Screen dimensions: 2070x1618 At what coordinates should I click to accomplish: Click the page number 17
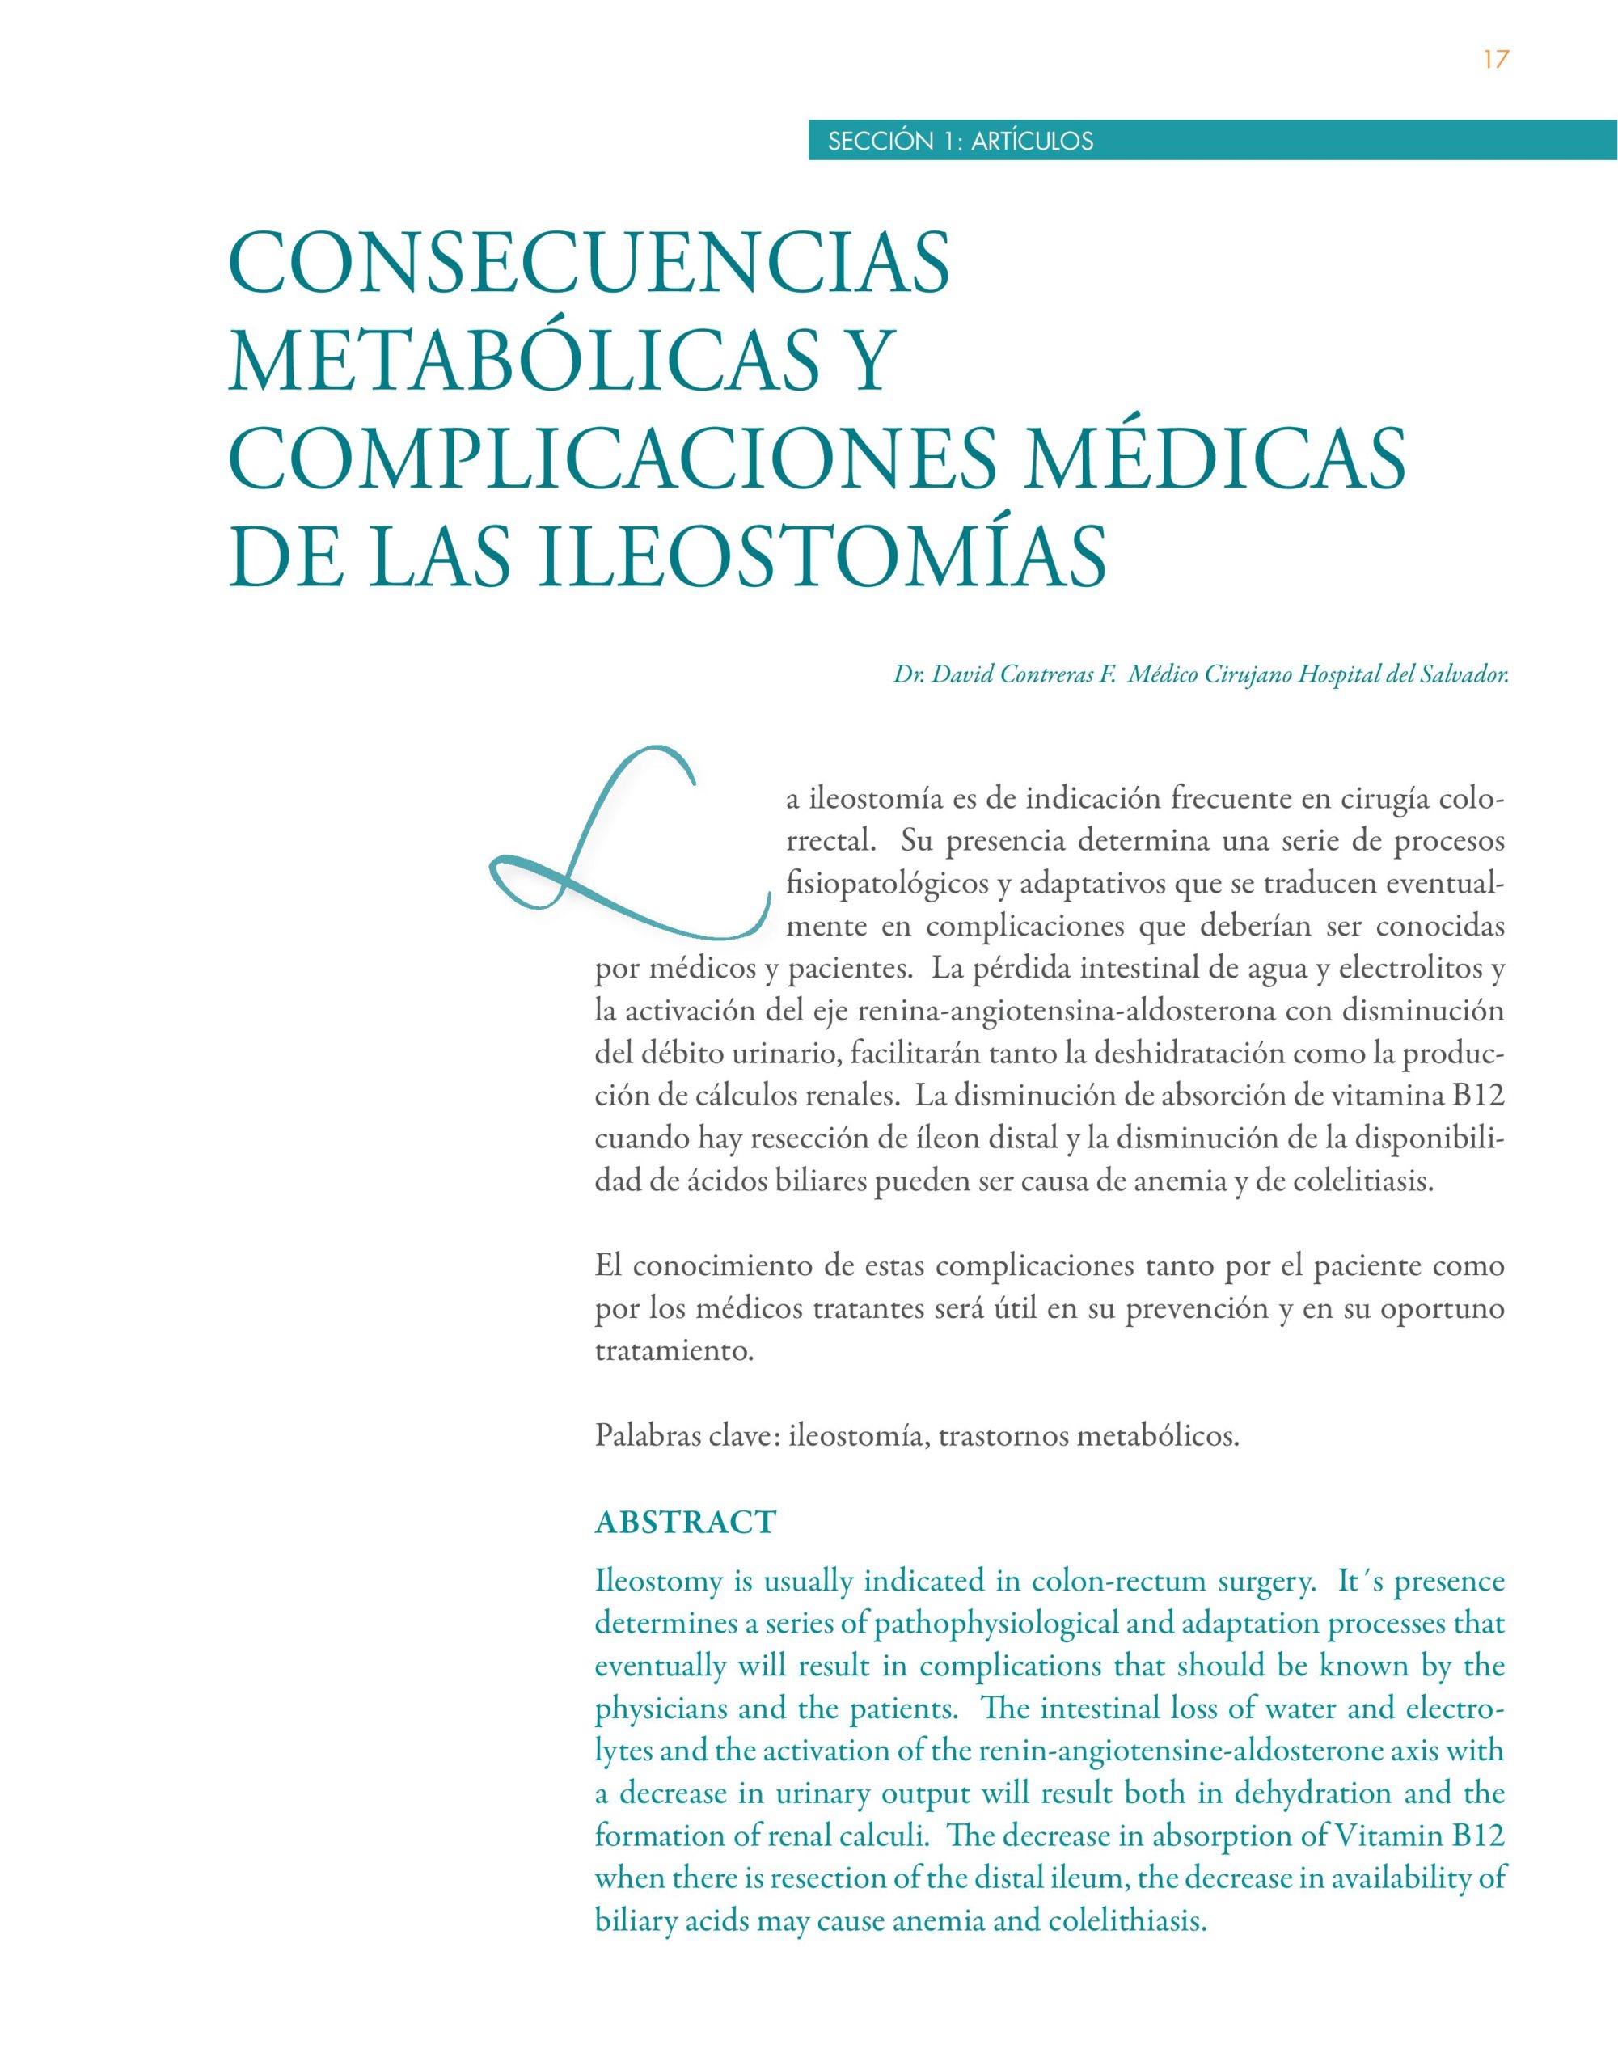(x=1495, y=61)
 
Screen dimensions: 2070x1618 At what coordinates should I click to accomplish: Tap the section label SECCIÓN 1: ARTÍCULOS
(x=960, y=142)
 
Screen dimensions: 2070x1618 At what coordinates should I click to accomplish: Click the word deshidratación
(x=1261, y=1053)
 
